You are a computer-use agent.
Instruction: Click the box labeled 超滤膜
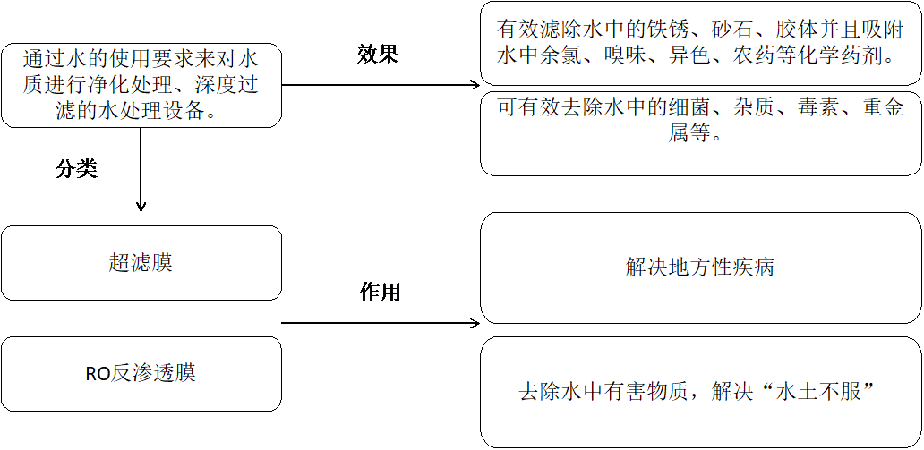141,263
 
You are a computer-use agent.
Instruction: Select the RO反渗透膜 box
141,374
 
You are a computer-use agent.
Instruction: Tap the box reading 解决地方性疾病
700,267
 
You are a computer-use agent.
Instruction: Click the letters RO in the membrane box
98,375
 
